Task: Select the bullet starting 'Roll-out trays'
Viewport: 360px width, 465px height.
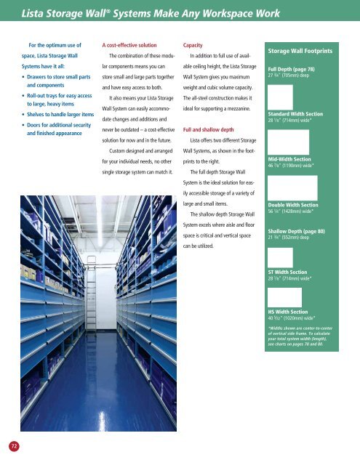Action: [58, 98]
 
